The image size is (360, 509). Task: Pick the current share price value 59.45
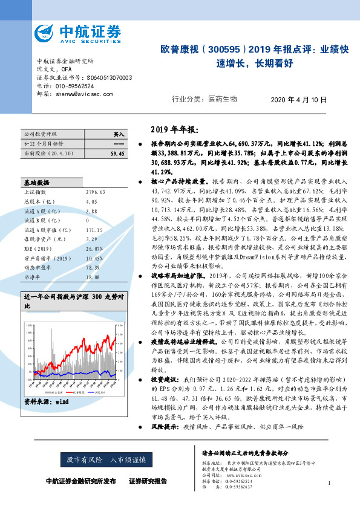click(x=117, y=154)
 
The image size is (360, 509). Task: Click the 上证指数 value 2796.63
click(x=96, y=175)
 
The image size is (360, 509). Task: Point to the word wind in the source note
click(x=62, y=401)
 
